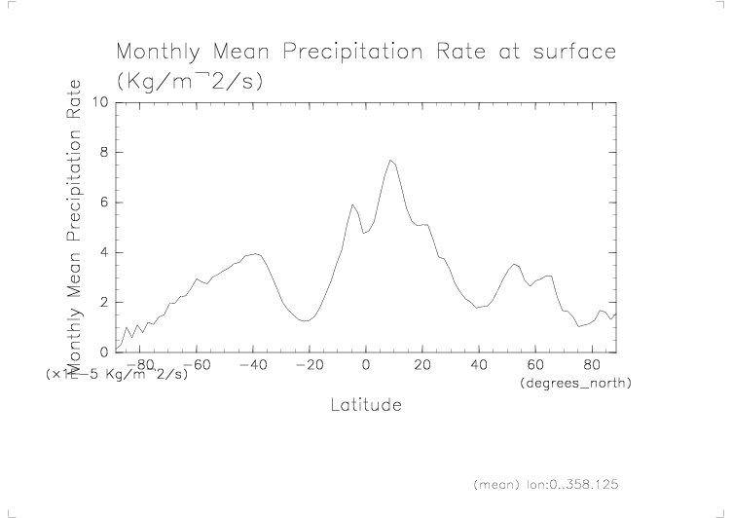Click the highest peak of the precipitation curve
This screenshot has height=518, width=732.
pyautogui.click(x=390, y=160)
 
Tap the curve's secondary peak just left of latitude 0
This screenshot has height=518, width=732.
pyautogui.click(x=352, y=204)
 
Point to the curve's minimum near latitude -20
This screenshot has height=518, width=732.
pyautogui.click(x=306, y=320)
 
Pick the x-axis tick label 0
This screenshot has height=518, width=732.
pyautogui.click(x=366, y=365)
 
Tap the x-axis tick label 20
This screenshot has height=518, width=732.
pyautogui.click(x=422, y=365)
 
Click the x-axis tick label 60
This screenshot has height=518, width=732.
pyautogui.click(x=535, y=365)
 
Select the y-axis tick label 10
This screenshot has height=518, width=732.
pyautogui.click(x=100, y=102)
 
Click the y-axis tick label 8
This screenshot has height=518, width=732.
pyautogui.click(x=104, y=152)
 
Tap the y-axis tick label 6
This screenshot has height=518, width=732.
pyautogui.click(x=104, y=203)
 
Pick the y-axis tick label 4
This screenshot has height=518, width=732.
pyautogui.click(x=104, y=252)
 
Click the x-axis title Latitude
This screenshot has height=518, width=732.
pyautogui.click(x=366, y=404)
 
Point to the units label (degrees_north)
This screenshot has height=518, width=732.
pyautogui.click(x=577, y=384)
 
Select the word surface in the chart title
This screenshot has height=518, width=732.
pyautogui.click(x=573, y=51)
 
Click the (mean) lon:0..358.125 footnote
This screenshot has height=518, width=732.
pyautogui.click(x=545, y=483)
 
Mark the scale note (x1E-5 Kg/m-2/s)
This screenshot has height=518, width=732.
pyautogui.click(x=116, y=374)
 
